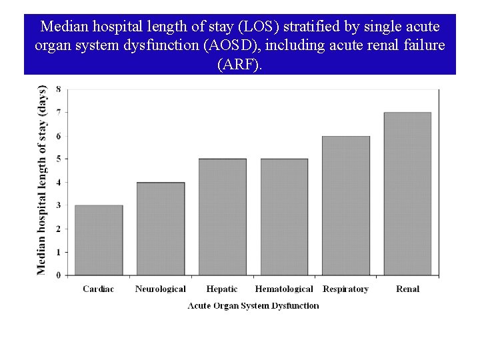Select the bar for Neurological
coord(161,229)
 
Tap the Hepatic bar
coord(222,217)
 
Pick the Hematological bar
coord(284,217)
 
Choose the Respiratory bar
coord(345,205)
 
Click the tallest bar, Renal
coord(407,193)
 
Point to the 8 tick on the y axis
coord(59,89)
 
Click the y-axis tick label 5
coord(59,159)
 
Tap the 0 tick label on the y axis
coord(59,275)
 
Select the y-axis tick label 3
coord(59,205)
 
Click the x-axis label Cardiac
coord(98,289)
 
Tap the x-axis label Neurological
coord(160,289)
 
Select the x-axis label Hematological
coord(284,289)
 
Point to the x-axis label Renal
coord(407,289)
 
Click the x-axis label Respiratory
coord(345,289)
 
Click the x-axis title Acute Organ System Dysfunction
coord(253,305)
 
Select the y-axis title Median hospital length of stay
coord(42,180)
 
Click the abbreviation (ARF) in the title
coord(239,65)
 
